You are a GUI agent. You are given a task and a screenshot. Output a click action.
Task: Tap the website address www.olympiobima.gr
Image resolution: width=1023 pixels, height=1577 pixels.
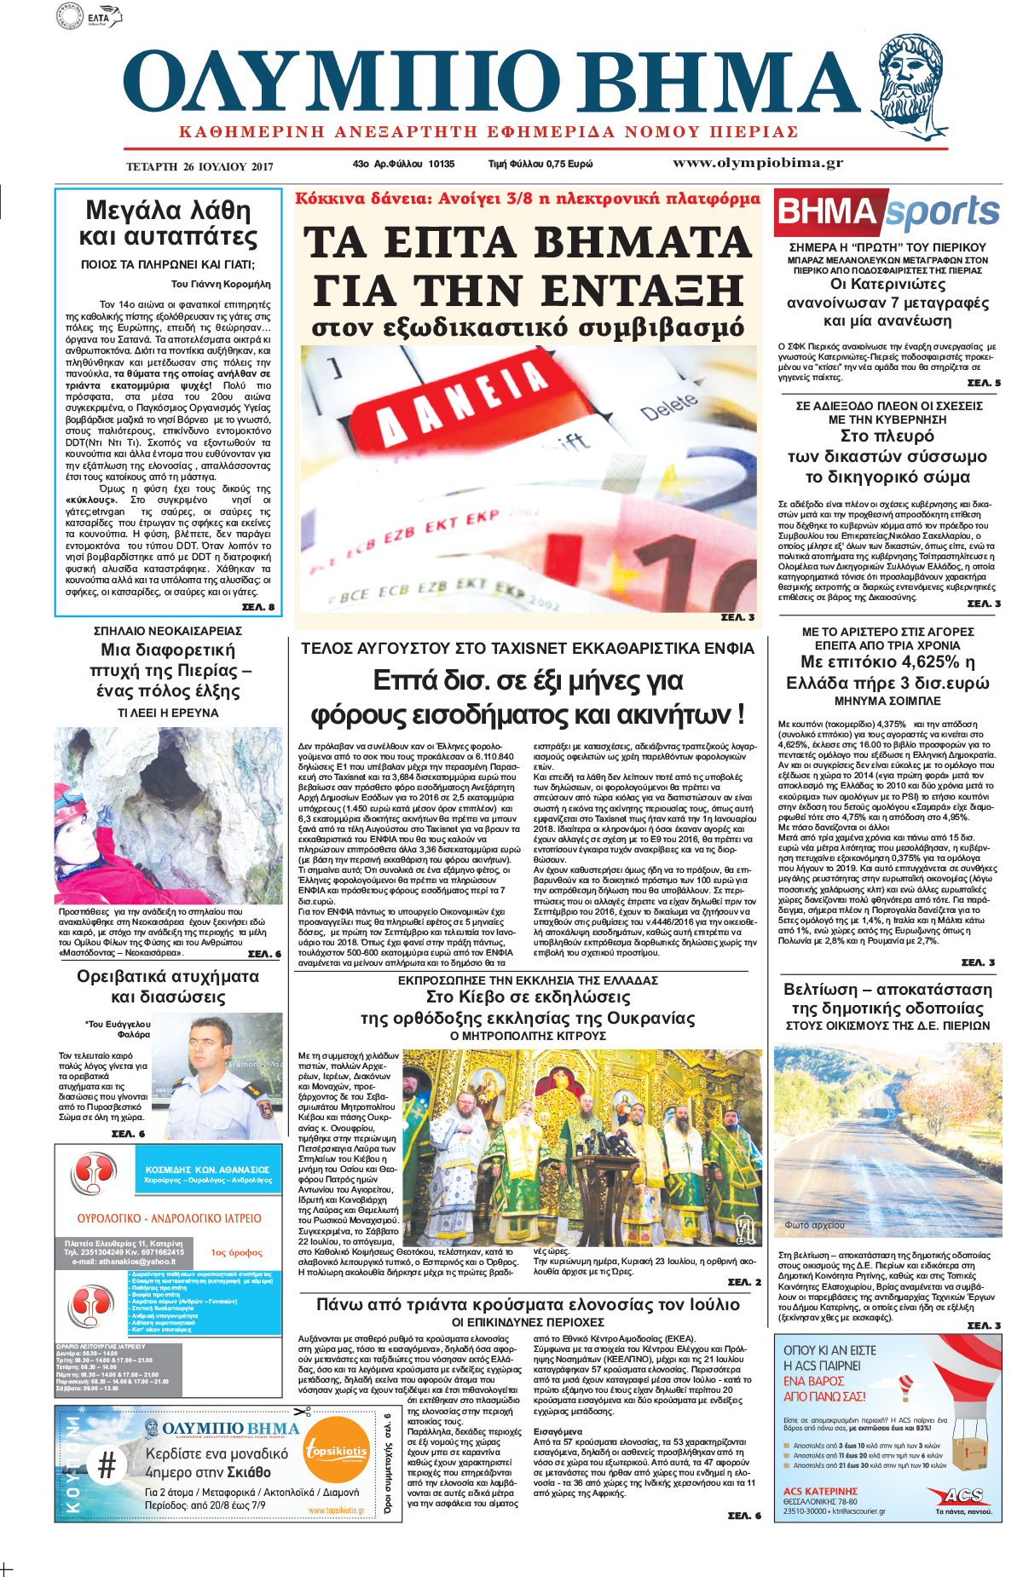[757, 163]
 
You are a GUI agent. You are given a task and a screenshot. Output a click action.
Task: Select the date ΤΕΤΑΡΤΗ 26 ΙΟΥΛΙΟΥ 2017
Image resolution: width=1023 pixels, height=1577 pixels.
[199, 166]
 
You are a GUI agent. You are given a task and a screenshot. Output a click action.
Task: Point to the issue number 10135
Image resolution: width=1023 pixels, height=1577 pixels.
[441, 164]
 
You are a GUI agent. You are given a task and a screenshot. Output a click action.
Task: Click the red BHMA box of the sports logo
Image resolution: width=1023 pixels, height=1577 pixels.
[828, 212]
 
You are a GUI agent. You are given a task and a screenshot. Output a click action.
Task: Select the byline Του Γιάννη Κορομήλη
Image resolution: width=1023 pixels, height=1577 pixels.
[220, 284]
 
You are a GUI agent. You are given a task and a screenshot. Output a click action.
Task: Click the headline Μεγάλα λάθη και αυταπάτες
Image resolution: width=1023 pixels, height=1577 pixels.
[168, 223]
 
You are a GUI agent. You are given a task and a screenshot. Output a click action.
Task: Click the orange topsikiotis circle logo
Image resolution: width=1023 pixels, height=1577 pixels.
[337, 1452]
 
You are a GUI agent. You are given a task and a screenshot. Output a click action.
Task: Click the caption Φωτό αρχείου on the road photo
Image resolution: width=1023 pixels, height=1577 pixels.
[815, 1225]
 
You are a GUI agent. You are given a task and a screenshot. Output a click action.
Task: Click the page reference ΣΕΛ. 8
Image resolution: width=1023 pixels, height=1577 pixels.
[257, 607]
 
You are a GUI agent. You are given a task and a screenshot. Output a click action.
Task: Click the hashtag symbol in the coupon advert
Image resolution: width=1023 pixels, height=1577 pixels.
[107, 1466]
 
